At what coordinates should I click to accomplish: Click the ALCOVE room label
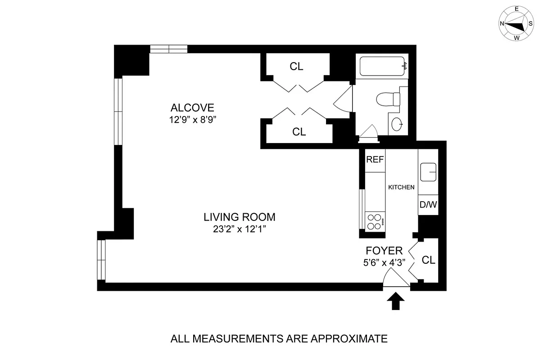click(192, 108)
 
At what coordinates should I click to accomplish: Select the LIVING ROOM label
click(239, 217)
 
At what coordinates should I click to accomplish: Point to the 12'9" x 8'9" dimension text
click(192, 120)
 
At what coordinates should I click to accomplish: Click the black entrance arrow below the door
click(396, 301)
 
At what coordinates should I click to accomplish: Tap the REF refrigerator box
click(375, 160)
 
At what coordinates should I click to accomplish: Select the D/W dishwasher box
click(428, 205)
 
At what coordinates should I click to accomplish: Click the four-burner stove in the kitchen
click(375, 221)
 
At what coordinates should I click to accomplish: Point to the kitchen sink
click(428, 172)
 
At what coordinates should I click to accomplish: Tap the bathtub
click(382, 67)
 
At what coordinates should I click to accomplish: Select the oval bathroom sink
click(397, 125)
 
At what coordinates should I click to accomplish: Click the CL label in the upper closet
click(296, 67)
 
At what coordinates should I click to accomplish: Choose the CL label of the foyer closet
click(429, 260)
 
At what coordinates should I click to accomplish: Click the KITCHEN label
click(401, 187)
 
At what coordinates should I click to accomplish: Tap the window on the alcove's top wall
click(168, 49)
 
